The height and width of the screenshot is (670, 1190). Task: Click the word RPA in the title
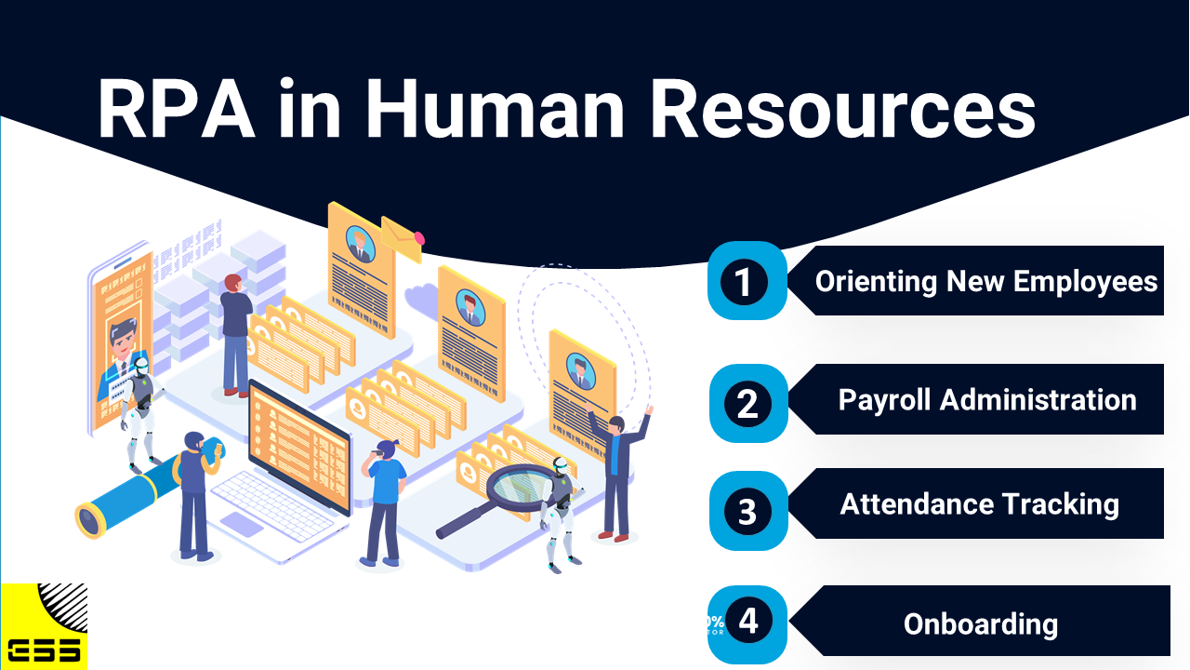pos(177,109)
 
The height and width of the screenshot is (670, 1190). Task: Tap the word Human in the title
pos(494,109)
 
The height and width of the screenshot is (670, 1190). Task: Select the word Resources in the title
pos(843,109)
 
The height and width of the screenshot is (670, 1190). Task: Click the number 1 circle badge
pos(744,281)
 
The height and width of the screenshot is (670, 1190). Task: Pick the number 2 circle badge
pos(747,404)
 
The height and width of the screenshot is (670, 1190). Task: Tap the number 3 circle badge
pos(747,511)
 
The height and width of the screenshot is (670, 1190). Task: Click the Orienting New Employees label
pos(986,281)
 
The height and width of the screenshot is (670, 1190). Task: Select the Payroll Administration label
pos(987,400)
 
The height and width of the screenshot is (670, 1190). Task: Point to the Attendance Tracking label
pos(979,504)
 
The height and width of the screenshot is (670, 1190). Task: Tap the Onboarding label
pos(981,623)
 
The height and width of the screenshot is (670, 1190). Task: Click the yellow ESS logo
pos(44,626)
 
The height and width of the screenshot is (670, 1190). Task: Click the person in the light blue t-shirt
pos(383,502)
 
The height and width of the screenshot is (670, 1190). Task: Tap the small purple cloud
pos(422,301)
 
